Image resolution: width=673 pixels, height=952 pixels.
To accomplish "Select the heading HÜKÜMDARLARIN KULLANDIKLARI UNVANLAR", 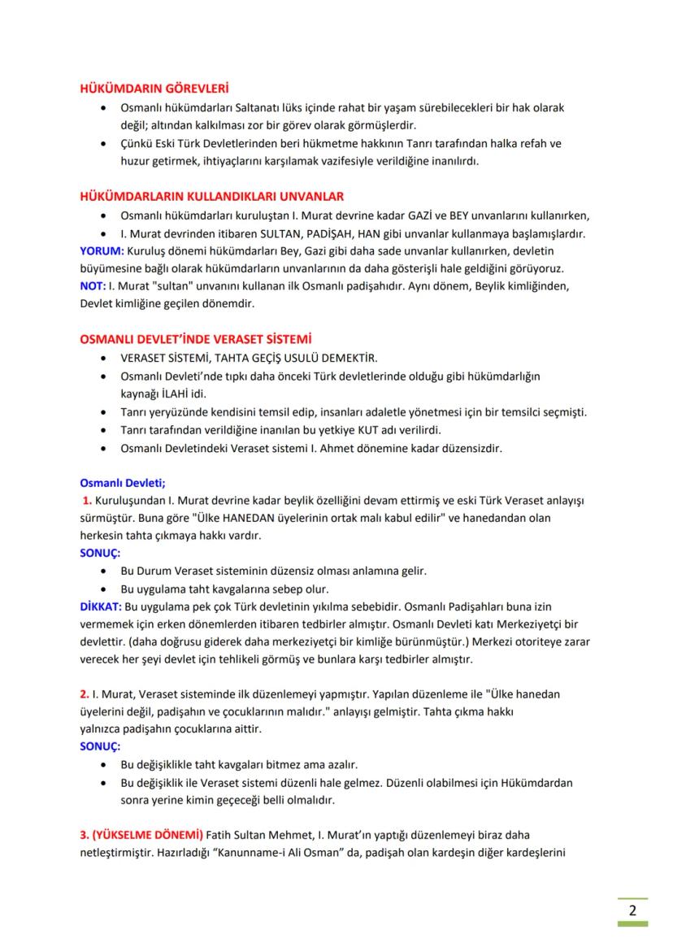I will pyautogui.click(x=211, y=196).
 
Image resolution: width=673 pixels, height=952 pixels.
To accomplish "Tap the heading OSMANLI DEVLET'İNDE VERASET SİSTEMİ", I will pyautogui.click(x=196, y=338).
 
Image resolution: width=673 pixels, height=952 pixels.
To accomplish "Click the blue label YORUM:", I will pyautogui.click(x=101, y=250).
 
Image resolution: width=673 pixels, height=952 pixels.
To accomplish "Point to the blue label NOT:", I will pyautogui.click(x=93, y=285).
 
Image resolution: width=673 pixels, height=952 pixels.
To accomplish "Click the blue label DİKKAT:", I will pyautogui.click(x=99, y=606).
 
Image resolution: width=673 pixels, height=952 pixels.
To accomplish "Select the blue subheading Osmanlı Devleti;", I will pyautogui.click(x=122, y=481).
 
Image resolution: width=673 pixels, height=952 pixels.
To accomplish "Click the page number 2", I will pyautogui.click(x=632, y=909).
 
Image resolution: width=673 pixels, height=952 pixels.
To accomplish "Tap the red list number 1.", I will pyautogui.click(x=86, y=499).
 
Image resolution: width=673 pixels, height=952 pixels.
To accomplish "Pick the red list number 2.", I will pyautogui.click(x=84, y=695).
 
